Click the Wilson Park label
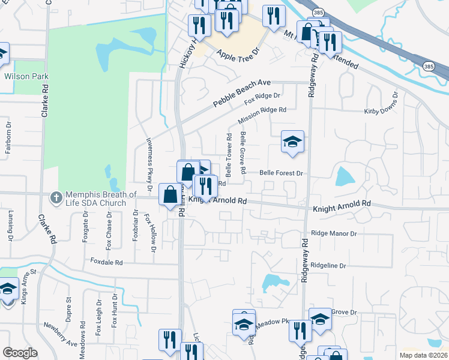[x=26, y=77]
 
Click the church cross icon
[x=56, y=196]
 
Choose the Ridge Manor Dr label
[x=334, y=233]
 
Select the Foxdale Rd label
[x=106, y=262]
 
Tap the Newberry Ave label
[x=60, y=335]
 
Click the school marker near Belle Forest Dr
[x=293, y=142]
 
